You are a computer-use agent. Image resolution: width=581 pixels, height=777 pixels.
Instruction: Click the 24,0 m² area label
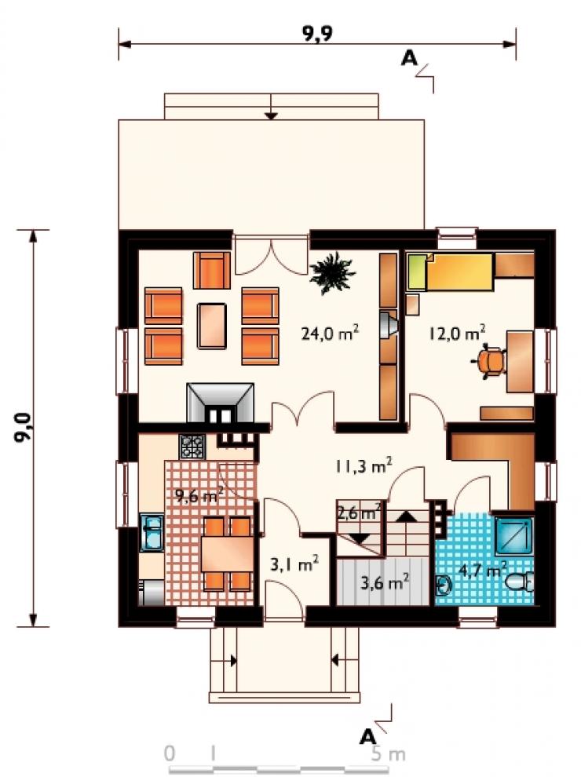[x=330, y=333]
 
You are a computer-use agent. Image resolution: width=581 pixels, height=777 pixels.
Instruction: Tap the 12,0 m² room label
[x=457, y=333]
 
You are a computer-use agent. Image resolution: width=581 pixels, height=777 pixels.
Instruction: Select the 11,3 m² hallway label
[x=364, y=465]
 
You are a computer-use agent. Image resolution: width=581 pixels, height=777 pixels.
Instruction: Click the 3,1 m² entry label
[x=294, y=564]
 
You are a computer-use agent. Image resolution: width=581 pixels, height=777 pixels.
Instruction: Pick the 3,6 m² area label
[x=385, y=582]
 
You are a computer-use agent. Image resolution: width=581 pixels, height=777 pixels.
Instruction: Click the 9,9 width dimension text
[x=316, y=33]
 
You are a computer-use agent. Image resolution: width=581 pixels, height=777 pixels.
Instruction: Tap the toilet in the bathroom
[x=519, y=581]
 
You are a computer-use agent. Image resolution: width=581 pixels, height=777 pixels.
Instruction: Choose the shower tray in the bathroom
[x=514, y=535]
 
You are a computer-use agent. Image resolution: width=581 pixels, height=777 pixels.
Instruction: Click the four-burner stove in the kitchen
[x=192, y=446]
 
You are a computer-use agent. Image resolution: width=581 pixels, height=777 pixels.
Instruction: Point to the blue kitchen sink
[x=152, y=533]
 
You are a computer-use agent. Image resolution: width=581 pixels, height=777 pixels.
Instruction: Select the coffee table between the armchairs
[x=212, y=326]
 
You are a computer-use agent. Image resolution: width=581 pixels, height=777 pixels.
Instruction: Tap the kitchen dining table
[x=227, y=554]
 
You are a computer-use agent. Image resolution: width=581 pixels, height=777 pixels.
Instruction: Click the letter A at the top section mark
[x=409, y=59]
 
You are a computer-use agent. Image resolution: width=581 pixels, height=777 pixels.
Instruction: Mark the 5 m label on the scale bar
[x=389, y=754]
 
